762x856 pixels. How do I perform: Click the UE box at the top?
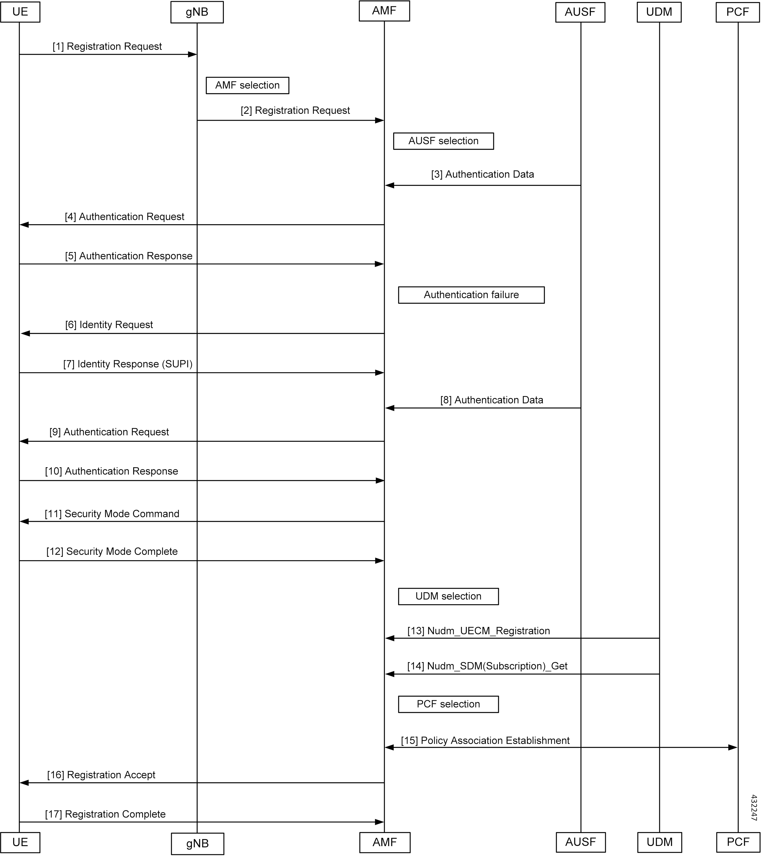pos(20,12)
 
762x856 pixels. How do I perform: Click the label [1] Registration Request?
pos(107,46)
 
